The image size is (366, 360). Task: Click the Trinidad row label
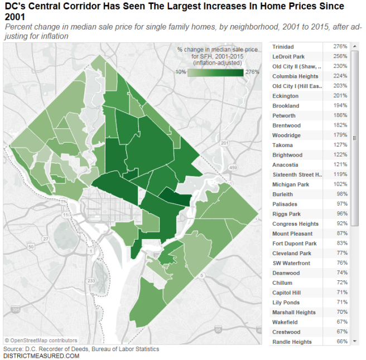[x=283, y=47]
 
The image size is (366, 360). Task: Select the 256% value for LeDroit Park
[x=341, y=56]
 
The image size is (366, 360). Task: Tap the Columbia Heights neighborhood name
[x=295, y=76]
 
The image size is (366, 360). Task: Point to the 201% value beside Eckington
[x=341, y=96]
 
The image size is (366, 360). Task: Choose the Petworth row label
[x=284, y=115]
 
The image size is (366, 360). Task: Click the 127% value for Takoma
[x=341, y=145]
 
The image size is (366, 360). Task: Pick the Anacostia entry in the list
[x=285, y=164]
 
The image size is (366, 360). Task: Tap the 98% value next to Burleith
[x=342, y=194]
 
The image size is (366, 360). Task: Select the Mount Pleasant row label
[x=292, y=233]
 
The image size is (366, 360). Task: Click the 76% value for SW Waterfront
[x=342, y=263]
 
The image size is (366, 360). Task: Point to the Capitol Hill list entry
[x=287, y=293]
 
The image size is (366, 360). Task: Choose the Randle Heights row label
[x=292, y=342]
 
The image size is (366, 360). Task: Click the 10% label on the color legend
[x=181, y=72]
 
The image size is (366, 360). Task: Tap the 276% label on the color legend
[x=252, y=72]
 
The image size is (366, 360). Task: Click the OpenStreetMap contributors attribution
[x=42, y=339]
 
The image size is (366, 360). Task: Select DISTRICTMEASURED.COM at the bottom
[x=41, y=356]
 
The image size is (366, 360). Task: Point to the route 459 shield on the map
[x=233, y=168]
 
